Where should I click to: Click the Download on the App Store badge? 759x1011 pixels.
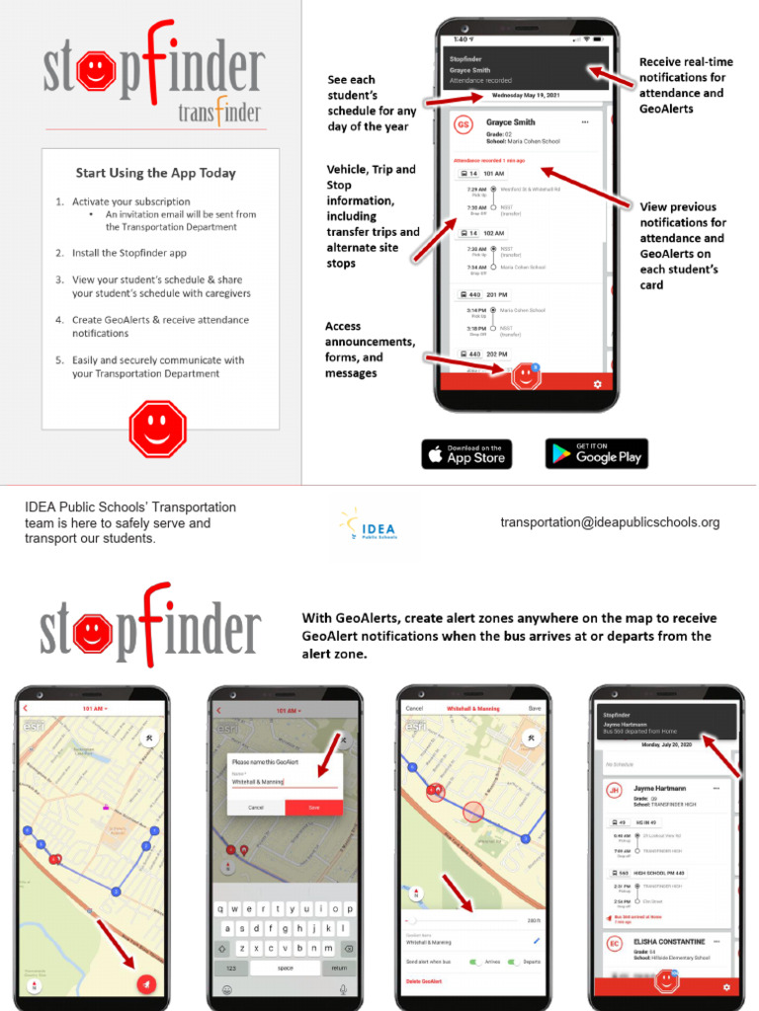[466, 454]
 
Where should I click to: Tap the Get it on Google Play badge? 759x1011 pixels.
[596, 454]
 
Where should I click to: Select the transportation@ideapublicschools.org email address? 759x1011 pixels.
[610, 522]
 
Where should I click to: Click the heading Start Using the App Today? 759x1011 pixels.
[156, 173]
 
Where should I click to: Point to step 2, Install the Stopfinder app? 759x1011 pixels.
[128, 253]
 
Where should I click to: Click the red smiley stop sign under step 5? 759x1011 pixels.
[157, 427]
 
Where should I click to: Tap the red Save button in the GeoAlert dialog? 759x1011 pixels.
[313, 808]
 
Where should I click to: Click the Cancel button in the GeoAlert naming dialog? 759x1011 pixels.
[256, 808]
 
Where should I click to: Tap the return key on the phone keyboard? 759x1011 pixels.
[340, 968]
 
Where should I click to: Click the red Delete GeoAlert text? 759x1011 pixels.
[424, 981]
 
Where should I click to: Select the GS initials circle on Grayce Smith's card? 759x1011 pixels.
[463, 127]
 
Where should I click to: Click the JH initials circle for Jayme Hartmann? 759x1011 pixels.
[614, 791]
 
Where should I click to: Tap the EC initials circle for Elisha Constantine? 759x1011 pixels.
[614, 946]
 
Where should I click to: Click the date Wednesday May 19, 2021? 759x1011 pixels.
[526, 97]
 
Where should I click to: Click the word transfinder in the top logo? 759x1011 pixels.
[219, 113]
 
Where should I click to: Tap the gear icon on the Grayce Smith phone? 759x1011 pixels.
[596, 383]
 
